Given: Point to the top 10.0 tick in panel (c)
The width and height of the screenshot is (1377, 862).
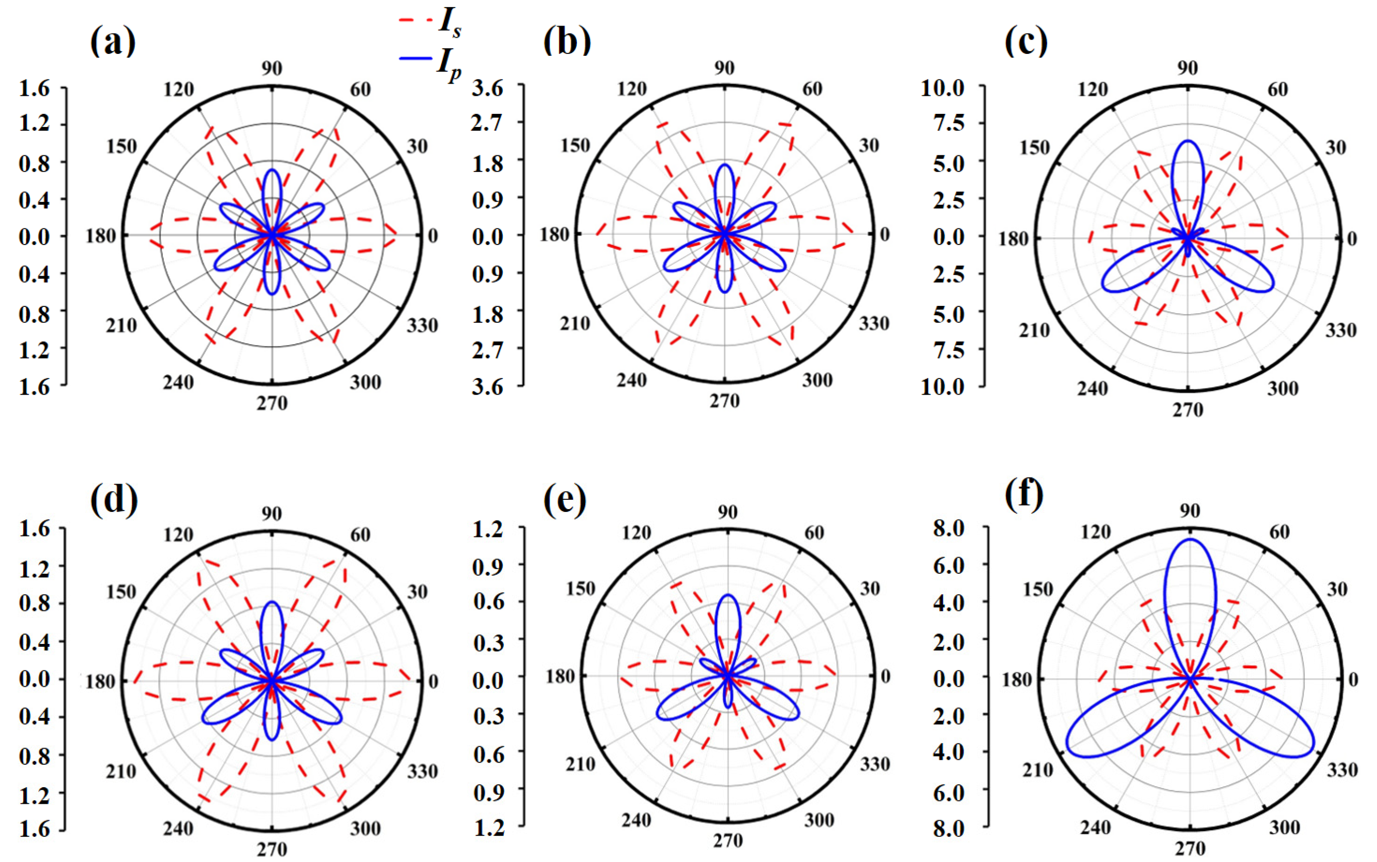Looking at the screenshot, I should coord(943,88).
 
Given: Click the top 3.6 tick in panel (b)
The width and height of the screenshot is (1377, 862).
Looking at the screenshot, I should coord(488,88).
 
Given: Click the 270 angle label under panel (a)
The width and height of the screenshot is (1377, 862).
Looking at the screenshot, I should coord(272,403).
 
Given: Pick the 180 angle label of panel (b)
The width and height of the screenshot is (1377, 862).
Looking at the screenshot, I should coord(555,234).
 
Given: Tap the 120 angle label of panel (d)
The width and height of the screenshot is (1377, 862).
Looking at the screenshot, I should coord(179,534).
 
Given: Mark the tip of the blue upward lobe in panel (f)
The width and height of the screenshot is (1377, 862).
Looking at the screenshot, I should coord(1190,539).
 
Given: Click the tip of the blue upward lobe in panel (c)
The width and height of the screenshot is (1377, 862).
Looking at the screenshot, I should coord(1188,141).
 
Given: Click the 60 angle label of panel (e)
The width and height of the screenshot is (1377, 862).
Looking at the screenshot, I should coord(814,532).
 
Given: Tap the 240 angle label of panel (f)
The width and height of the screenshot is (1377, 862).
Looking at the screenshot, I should coord(1095,827).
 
